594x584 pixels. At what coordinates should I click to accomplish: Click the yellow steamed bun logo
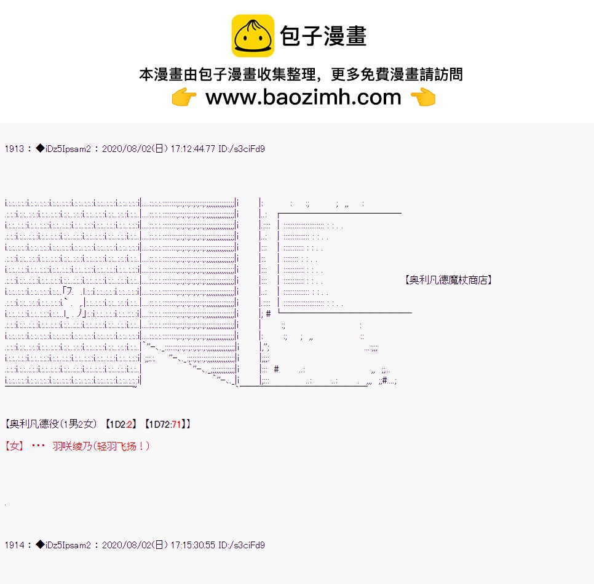coord(253,36)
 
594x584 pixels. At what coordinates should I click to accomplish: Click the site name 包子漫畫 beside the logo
coord(323,36)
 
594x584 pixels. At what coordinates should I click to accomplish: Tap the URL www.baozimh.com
coord(303,97)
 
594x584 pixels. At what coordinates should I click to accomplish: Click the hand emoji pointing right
coord(184,97)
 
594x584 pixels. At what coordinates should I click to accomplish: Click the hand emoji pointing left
coord(423,97)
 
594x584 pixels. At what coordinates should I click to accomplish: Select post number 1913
coord(14,149)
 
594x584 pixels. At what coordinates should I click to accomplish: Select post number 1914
coord(14,545)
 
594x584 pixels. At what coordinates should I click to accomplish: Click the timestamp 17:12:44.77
coord(193,149)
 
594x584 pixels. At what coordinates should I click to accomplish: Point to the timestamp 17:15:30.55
coord(193,545)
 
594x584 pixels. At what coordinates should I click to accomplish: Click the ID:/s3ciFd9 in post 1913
coord(242,149)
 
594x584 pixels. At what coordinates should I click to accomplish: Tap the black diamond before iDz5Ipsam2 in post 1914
coord(40,545)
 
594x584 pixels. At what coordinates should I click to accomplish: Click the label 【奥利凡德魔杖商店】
coord(448,280)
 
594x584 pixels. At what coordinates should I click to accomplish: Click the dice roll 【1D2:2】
coord(121,424)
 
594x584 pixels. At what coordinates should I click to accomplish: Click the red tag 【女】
coord(14,446)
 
